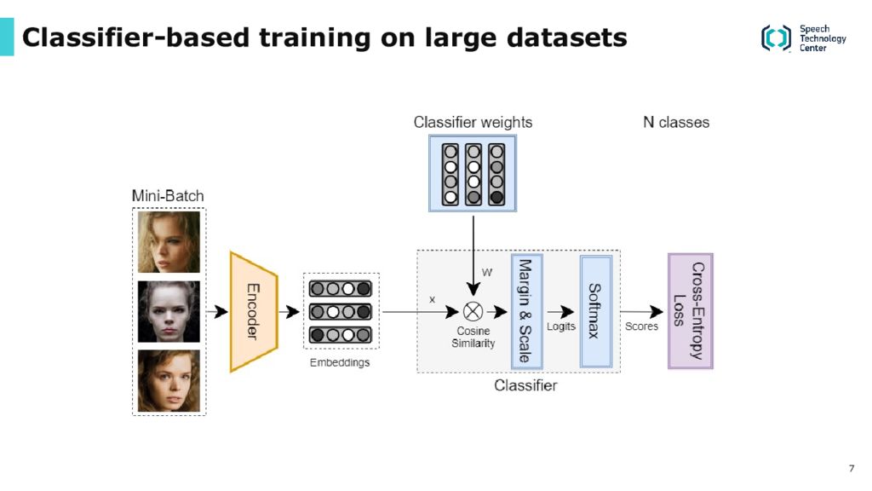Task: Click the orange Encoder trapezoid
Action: [x=254, y=312]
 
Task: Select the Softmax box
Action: [x=595, y=311]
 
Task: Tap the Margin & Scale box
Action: [x=526, y=311]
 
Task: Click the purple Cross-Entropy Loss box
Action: [x=690, y=311]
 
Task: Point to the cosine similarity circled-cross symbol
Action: [x=473, y=312]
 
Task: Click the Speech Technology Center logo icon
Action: [x=776, y=38]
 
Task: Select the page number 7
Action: [x=852, y=468]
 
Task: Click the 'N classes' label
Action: [x=676, y=123]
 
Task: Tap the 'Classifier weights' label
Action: [x=473, y=123]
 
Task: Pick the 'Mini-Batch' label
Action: [x=168, y=196]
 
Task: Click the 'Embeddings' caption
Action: [x=340, y=362]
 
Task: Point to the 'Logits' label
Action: [x=560, y=326]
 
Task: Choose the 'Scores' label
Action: [x=641, y=326]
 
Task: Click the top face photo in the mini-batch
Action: [x=169, y=241]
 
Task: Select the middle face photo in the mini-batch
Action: [x=169, y=311]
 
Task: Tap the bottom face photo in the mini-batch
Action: [x=169, y=381]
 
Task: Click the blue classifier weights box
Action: [x=473, y=173]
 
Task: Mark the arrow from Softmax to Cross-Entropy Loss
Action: [x=641, y=312]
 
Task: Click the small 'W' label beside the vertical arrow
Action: [x=486, y=273]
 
